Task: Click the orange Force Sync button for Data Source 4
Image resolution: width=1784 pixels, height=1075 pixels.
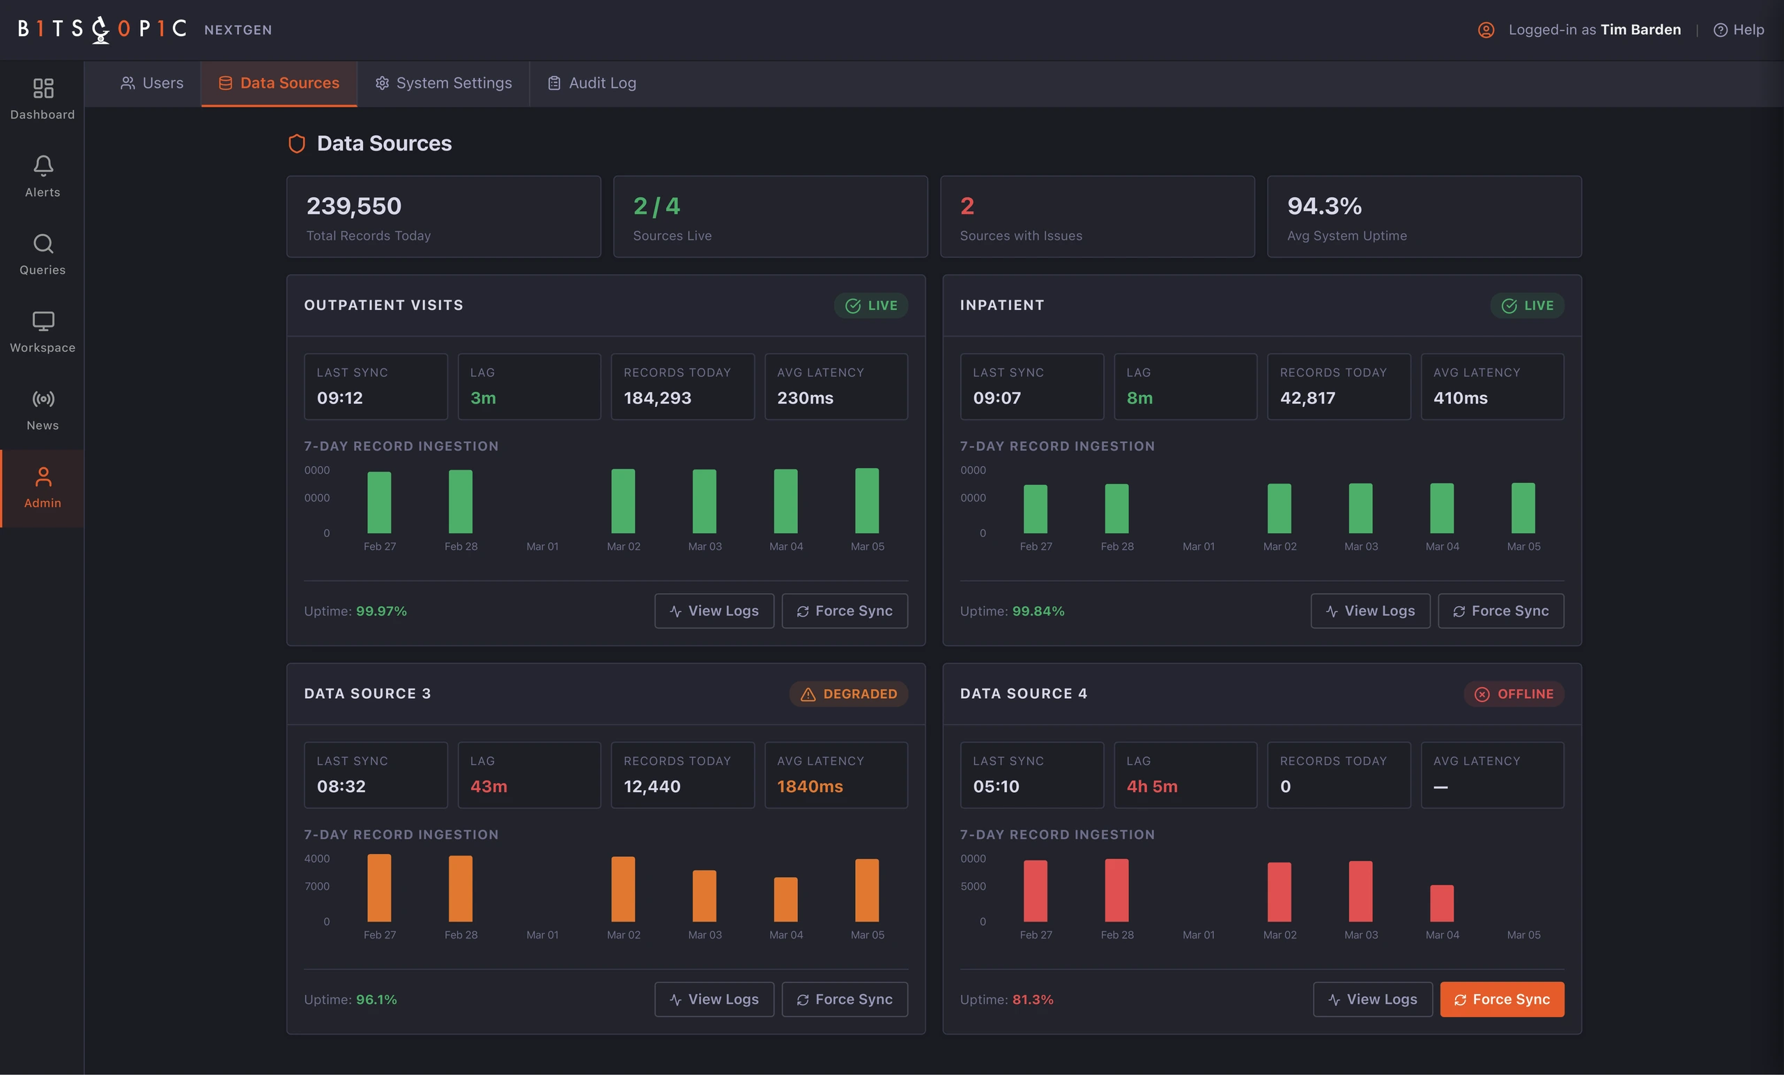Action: (x=1502, y=999)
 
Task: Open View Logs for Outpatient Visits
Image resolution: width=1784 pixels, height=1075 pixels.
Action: (x=714, y=611)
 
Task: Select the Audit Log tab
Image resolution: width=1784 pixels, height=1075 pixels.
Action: (x=592, y=83)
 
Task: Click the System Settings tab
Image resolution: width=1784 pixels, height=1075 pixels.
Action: (x=443, y=83)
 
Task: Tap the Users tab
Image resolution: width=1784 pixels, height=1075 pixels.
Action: (x=151, y=83)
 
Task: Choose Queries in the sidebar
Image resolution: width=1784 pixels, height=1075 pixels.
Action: (x=43, y=254)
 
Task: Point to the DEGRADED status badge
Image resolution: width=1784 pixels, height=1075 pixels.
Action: (x=849, y=693)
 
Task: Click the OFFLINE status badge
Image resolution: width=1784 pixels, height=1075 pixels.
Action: (x=1514, y=693)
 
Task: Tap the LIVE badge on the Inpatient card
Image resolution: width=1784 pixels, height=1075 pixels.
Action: (x=1527, y=305)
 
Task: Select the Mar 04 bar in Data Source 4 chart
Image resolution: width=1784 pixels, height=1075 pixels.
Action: (x=1442, y=903)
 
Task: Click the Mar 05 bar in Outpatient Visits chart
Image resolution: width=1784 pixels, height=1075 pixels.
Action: (x=867, y=501)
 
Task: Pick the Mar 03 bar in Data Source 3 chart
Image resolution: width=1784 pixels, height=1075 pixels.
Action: (x=705, y=895)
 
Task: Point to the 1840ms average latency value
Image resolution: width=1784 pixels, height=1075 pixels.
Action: (x=810, y=786)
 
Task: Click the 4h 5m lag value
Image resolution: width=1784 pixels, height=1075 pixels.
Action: (x=1152, y=786)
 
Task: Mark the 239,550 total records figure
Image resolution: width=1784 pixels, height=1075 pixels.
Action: (x=354, y=206)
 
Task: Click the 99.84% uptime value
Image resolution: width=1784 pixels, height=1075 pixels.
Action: (x=1038, y=611)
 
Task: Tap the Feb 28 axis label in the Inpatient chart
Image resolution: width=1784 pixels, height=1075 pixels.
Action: (x=1117, y=546)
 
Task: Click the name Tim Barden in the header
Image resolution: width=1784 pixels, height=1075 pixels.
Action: (x=1640, y=30)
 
